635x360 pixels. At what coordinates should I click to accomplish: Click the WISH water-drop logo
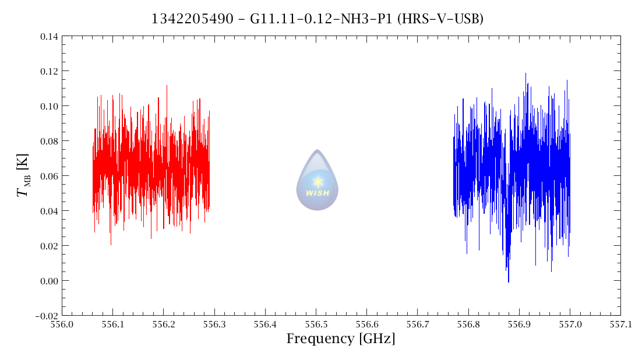(x=317, y=180)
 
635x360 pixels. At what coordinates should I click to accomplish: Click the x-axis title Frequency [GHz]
(x=340, y=338)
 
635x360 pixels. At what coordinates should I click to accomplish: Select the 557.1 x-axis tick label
(x=620, y=324)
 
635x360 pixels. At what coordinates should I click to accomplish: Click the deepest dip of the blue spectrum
(x=509, y=281)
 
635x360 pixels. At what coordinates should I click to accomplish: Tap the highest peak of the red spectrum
(x=167, y=86)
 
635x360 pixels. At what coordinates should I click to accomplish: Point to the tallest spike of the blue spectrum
(x=525, y=73)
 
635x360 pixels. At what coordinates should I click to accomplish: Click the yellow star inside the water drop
(x=317, y=181)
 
